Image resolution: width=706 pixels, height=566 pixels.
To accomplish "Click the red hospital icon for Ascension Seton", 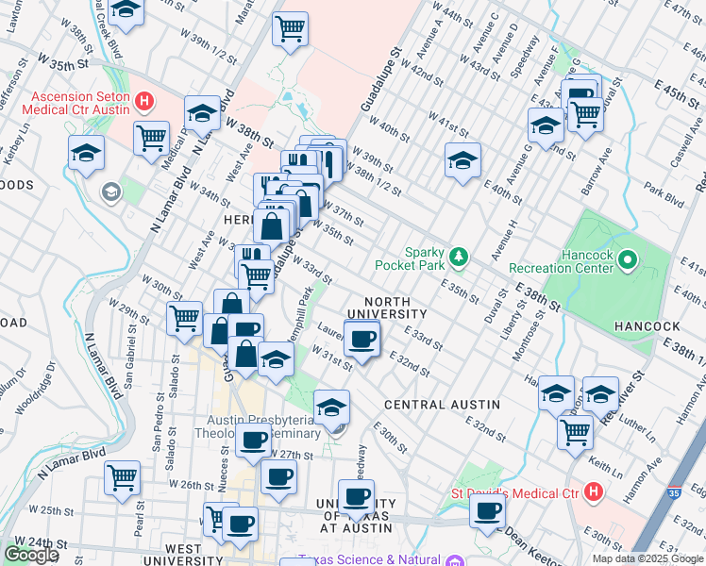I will pyautogui.click(x=143, y=101).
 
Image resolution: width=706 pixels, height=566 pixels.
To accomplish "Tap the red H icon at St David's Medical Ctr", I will pyautogui.click(x=593, y=491).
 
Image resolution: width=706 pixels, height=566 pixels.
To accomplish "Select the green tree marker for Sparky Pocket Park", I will pyautogui.click(x=459, y=256).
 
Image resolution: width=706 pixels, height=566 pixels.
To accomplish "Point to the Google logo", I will pyautogui.click(x=31, y=555).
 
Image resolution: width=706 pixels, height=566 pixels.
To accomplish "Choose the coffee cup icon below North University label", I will pyautogui.click(x=361, y=339).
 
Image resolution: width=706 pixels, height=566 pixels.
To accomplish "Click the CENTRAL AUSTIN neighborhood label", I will pyautogui.click(x=442, y=405).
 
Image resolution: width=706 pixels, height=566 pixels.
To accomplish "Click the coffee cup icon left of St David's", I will pyautogui.click(x=487, y=510).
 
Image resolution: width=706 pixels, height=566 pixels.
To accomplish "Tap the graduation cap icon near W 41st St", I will pyautogui.click(x=462, y=160).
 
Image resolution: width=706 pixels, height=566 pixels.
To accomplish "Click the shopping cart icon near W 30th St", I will pyautogui.click(x=184, y=317).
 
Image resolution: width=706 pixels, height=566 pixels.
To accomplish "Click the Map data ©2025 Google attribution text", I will pyautogui.click(x=648, y=558).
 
